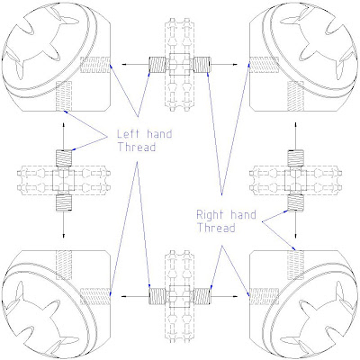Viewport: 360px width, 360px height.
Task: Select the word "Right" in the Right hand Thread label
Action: pyautogui.click(x=210, y=215)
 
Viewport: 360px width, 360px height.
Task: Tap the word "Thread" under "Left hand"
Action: pyautogui.click(x=137, y=148)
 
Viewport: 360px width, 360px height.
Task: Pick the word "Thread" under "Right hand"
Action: pyautogui.click(x=216, y=228)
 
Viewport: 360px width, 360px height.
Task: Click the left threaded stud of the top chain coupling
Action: pyautogui.click(x=157, y=65)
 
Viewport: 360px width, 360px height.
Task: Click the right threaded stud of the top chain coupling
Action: pyautogui.click(x=202, y=65)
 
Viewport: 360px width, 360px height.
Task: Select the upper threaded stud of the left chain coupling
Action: pyautogui.click(x=64, y=157)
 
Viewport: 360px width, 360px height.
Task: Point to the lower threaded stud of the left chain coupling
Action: pyautogui.click(x=64, y=202)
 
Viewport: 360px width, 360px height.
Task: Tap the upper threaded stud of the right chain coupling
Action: pyautogui.click(x=296, y=157)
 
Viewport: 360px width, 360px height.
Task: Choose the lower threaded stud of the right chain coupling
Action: pyautogui.click(x=296, y=202)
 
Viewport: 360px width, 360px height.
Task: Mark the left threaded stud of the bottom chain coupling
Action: pyautogui.click(x=157, y=296)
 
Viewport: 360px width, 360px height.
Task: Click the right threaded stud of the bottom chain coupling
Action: pyautogui.click(x=202, y=296)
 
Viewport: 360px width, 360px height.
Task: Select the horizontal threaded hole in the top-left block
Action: pyautogui.click(x=95, y=65)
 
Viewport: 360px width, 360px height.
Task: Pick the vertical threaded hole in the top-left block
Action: pyautogui.click(x=64, y=96)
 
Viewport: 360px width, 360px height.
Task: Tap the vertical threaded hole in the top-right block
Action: pyautogui.click(x=296, y=96)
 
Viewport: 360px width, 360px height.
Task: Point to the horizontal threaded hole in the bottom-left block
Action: pyautogui.click(x=95, y=296)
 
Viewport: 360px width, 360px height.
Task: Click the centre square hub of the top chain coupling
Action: pyautogui.click(x=180, y=65)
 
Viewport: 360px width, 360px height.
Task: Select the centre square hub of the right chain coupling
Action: pyautogui.click(x=296, y=180)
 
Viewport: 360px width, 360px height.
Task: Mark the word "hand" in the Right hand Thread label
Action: pyautogui.click(x=243, y=215)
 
